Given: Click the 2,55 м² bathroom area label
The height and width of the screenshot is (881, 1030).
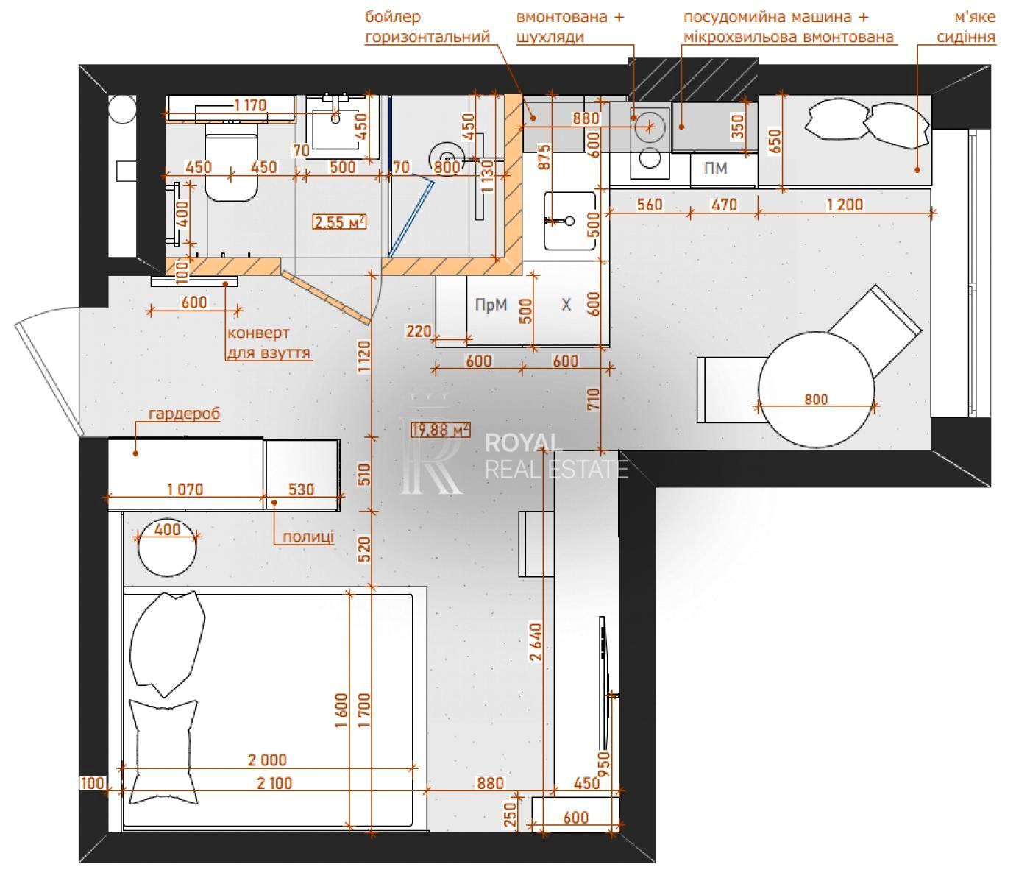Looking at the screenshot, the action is [339, 222].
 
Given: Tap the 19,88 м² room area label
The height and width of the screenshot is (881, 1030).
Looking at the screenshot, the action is [441, 429].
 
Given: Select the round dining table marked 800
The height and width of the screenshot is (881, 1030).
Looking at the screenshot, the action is [816, 389].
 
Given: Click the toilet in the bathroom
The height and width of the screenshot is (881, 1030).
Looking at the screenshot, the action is [231, 163].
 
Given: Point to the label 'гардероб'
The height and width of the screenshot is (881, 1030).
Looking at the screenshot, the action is [185, 414].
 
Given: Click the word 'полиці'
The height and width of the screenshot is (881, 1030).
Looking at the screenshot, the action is [308, 537].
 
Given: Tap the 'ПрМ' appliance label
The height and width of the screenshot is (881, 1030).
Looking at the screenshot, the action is [491, 304].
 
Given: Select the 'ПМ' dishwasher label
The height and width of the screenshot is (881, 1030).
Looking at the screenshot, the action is [715, 169].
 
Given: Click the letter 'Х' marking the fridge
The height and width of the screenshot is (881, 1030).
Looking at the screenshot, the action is [566, 305].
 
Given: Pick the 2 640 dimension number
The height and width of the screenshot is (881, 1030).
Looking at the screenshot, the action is [536, 641].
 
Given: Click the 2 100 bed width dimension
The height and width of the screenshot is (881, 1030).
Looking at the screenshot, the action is [274, 783].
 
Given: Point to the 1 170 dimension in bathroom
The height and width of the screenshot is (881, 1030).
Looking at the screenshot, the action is [250, 105].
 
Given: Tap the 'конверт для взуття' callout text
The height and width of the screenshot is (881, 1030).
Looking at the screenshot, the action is [269, 342].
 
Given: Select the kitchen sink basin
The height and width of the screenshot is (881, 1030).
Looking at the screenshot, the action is [569, 220].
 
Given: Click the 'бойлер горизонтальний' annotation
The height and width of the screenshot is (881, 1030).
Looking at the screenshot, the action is [427, 27].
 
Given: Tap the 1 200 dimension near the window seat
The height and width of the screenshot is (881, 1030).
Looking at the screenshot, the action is [845, 205].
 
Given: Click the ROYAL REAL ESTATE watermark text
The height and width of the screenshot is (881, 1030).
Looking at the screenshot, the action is [555, 456].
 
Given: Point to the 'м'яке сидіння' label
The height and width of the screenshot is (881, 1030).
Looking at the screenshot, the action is [966, 27].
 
